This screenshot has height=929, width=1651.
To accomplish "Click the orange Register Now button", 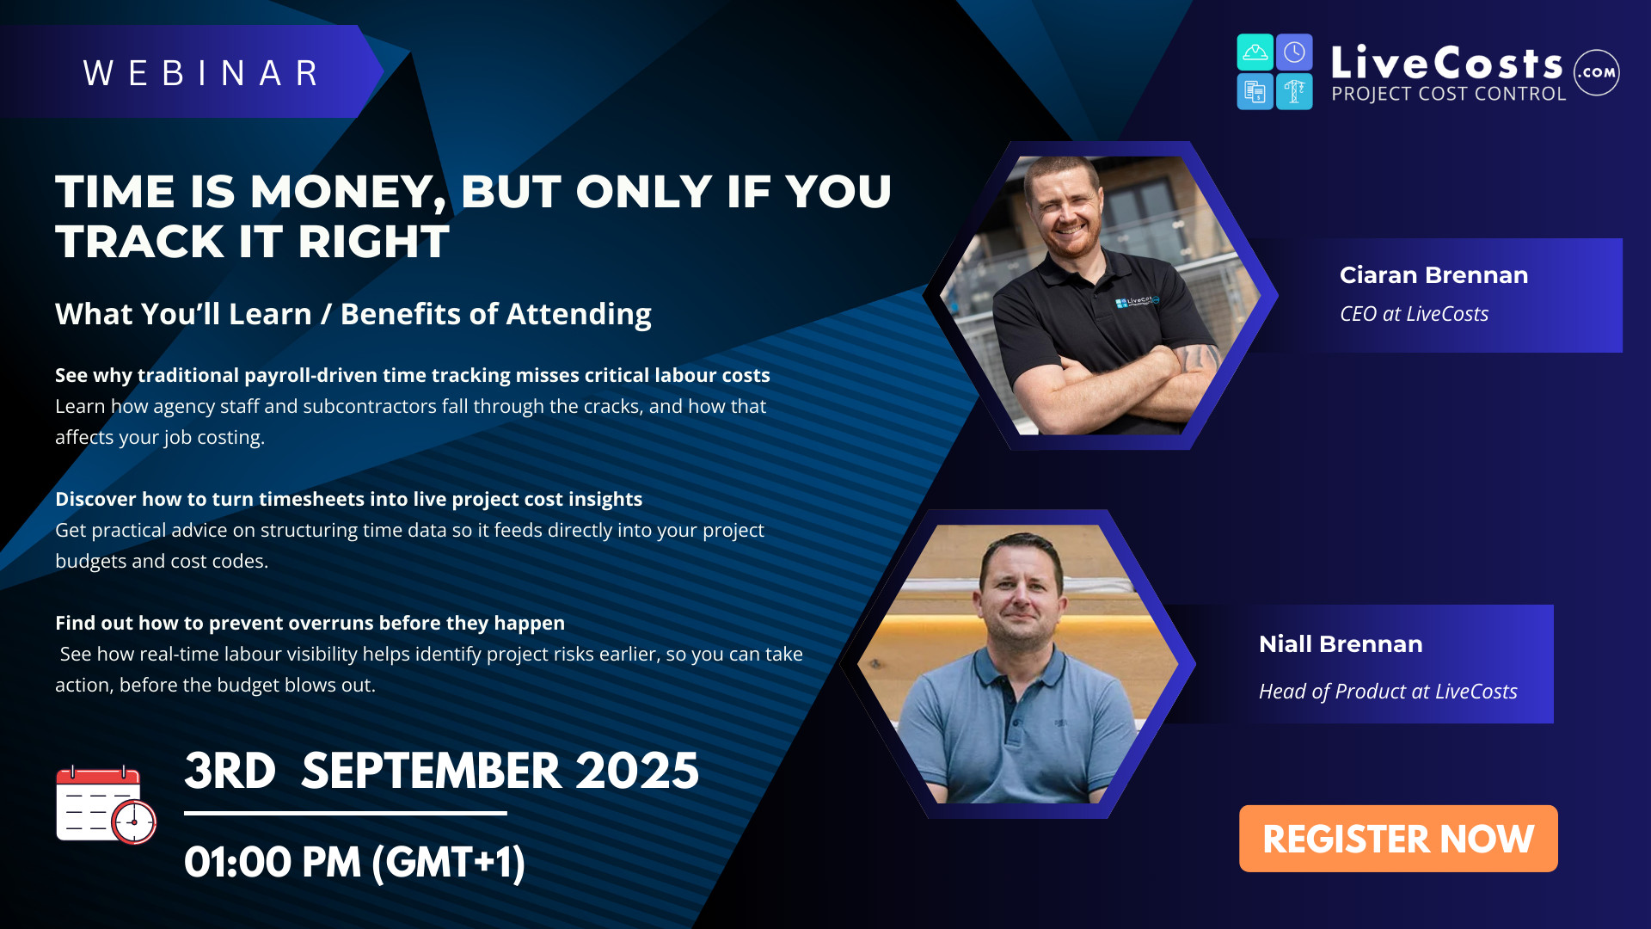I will tap(1397, 839).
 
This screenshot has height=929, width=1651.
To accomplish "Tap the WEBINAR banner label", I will tap(201, 73).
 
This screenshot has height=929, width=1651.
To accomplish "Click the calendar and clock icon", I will tap(106, 805).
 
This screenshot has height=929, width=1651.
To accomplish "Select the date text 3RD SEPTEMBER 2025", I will tap(441, 771).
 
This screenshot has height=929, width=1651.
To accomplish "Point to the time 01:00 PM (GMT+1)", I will tap(354, 862).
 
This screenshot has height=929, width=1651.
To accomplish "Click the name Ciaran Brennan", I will tap(1433, 275).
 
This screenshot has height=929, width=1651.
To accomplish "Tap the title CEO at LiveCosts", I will tap(1414, 314).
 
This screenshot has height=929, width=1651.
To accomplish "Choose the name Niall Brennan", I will tap(1341, 644).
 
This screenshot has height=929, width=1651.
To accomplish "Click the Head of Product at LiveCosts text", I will tap(1388, 692).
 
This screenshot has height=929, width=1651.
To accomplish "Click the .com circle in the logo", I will tap(1597, 72).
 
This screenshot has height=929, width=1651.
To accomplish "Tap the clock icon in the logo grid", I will tap(1294, 53).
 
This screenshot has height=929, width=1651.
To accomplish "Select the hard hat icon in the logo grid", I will tap(1255, 53).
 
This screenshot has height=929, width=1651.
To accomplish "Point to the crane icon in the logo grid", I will tap(1294, 91).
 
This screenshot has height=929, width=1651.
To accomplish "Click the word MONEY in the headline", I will tap(348, 192).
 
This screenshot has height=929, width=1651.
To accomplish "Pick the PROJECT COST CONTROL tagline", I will tap(1449, 94).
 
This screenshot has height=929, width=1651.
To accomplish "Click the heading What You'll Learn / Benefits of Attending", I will tap(353, 315).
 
